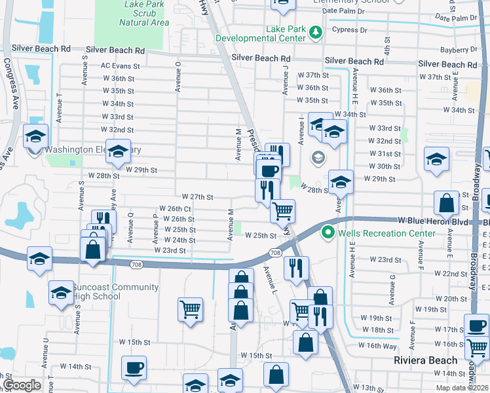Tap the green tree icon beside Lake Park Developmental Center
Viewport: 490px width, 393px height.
(x=316, y=32)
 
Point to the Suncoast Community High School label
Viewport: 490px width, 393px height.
(x=116, y=292)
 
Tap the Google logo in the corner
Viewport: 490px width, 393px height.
(x=22, y=385)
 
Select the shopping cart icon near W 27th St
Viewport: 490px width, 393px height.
(x=282, y=211)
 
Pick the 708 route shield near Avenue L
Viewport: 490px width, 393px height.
(x=275, y=253)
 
